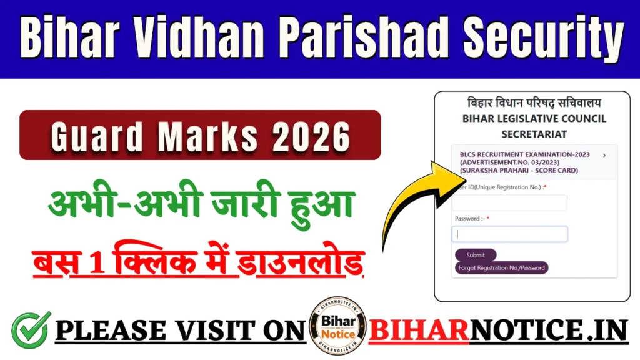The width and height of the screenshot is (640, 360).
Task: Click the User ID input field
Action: click(509, 203)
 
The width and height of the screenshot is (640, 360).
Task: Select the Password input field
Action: click(509, 234)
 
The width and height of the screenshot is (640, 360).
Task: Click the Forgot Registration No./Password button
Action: click(501, 267)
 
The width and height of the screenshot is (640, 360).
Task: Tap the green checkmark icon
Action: click(31, 330)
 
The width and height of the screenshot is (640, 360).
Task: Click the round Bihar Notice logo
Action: click(338, 326)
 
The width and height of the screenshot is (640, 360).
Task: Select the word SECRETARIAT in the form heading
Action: click(534, 134)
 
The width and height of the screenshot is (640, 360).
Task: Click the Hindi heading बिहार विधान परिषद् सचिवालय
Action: click(534, 102)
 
